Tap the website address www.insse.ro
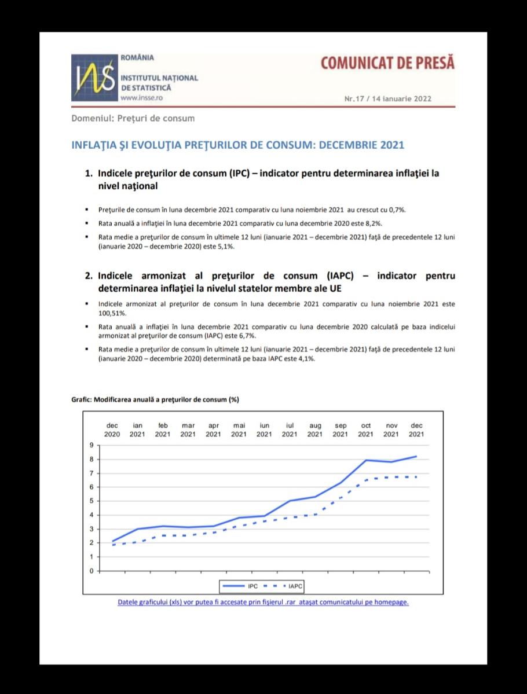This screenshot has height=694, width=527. coord(137,98)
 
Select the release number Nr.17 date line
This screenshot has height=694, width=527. coord(387,98)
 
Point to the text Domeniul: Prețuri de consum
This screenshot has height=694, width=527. coord(133,119)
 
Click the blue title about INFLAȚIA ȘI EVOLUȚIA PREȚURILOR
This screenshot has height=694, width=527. coord(237,145)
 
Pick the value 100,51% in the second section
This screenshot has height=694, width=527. coord(112,313)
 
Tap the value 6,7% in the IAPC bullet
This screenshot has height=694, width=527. coord(246,336)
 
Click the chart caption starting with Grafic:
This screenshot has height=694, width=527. coord(155,399)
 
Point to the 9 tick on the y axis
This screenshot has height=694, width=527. coord(91,445)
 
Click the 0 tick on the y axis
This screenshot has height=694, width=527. coord(91,571)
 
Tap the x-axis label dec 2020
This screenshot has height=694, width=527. coord(112,430)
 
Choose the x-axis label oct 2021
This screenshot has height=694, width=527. coord(365,430)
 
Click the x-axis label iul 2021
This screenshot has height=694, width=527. coord(290,430)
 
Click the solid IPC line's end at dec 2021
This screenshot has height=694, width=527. coord(416,456)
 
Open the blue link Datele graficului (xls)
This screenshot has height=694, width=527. coord(263,602)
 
